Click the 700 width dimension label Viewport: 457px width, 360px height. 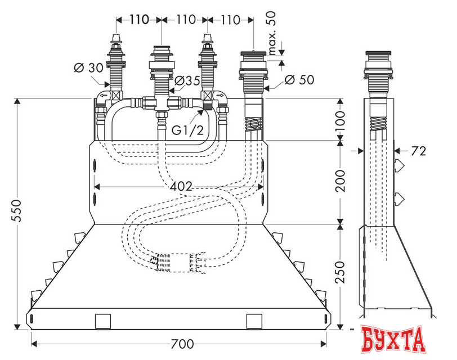pos(182,344)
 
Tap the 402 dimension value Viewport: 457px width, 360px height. pos(181,186)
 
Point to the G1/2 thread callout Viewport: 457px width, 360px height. pos(187,130)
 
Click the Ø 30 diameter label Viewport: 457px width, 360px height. pos(88,68)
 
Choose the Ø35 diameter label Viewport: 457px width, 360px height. pos(188,80)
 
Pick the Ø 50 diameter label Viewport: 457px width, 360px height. pos(299,80)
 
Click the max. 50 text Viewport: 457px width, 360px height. pos(271,33)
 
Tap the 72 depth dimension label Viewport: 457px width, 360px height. pos(419,151)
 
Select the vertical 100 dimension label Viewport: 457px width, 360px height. pos(340,120)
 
